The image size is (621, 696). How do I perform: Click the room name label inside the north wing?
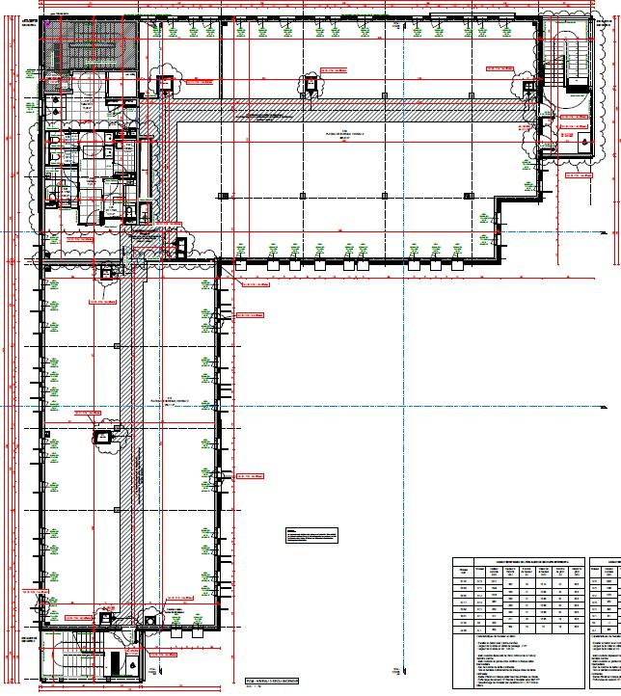click(330, 136)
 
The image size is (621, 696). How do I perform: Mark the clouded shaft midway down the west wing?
click(102, 439)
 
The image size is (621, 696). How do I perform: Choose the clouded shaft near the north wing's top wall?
click(310, 82)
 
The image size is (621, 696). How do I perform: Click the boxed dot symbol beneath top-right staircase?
click(585, 144)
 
